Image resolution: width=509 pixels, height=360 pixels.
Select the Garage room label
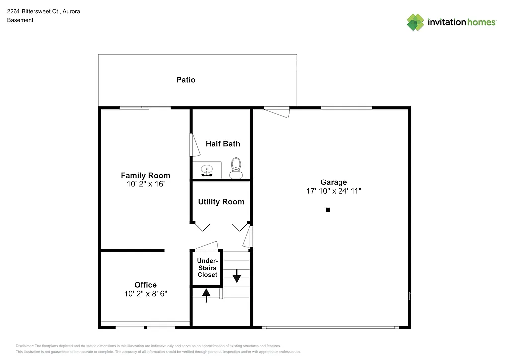tap(334, 182)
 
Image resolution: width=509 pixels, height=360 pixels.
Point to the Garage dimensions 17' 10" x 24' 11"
tap(334, 191)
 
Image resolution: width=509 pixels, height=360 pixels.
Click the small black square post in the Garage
tap(328, 210)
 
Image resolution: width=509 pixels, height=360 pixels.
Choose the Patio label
tap(186, 80)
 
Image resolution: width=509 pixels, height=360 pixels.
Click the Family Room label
tap(145, 175)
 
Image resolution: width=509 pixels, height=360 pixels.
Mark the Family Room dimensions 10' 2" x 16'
tap(145, 184)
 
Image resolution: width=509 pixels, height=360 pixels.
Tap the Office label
tap(145, 285)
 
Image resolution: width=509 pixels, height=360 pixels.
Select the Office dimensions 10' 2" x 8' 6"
tap(145, 294)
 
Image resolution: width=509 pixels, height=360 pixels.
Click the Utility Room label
tap(221, 202)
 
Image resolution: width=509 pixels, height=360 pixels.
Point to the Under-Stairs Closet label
tap(207, 268)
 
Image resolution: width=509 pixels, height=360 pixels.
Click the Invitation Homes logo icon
tap(415, 22)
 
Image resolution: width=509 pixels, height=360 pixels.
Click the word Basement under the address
tap(20, 20)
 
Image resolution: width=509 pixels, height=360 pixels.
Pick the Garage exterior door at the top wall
tap(276, 112)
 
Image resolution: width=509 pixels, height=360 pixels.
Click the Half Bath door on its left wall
tap(192, 145)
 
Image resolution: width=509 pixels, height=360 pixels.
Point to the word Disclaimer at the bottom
tap(25, 346)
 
